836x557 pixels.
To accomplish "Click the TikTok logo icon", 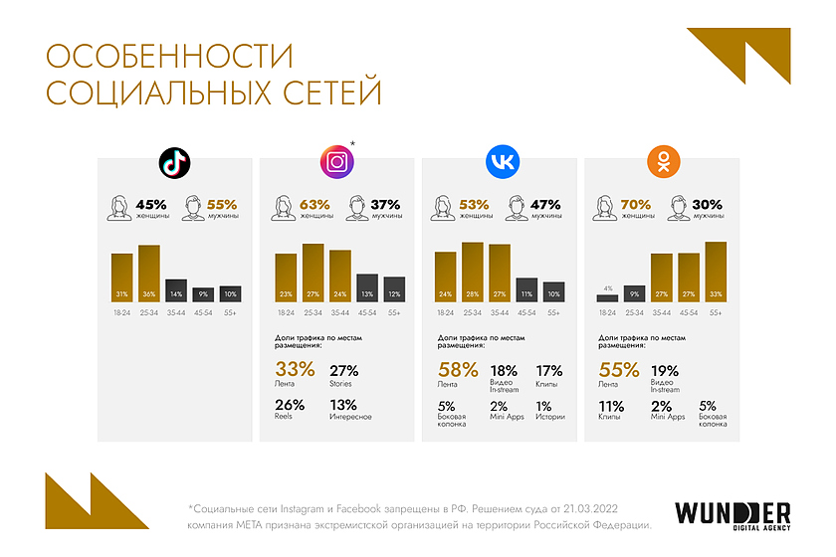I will click(x=175, y=162).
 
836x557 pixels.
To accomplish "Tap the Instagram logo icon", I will click(x=337, y=162).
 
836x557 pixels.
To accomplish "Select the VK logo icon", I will click(x=501, y=162).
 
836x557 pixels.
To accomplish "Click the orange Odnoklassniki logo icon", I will click(x=664, y=162).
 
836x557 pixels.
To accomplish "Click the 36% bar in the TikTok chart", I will click(x=149, y=273).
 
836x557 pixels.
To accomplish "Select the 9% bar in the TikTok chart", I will click(x=203, y=294).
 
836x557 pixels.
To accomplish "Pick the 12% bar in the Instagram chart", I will click(x=394, y=289).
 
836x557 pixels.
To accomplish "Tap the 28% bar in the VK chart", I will click(x=473, y=272).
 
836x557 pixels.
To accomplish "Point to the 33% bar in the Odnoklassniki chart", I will click(x=716, y=272).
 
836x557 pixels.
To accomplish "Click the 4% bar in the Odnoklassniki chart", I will click(x=607, y=297).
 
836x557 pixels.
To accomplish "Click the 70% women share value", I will click(x=635, y=204).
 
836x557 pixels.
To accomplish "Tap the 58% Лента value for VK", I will click(x=456, y=370).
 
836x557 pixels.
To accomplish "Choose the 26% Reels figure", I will click(x=289, y=404).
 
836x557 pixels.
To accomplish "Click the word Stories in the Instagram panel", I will click(x=341, y=384).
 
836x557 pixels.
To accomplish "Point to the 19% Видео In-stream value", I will click(x=665, y=370).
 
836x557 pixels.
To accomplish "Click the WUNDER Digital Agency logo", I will click(x=733, y=515).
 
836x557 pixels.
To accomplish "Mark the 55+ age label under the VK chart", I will click(x=553, y=313).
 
